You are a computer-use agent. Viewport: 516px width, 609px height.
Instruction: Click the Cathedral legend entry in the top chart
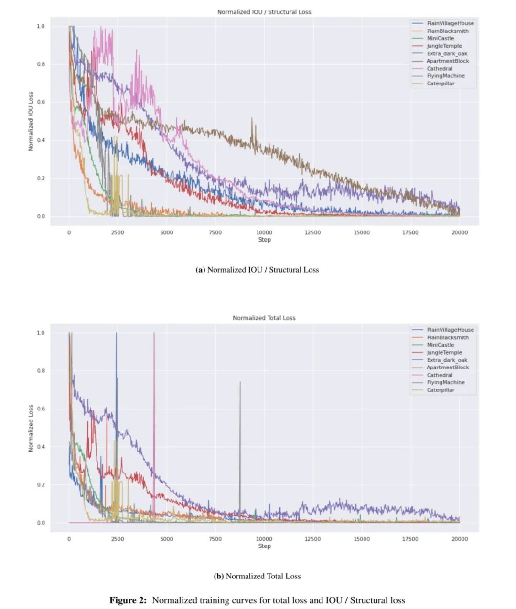(x=440, y=69)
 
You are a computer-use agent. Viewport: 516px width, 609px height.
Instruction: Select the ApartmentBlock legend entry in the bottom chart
(x=448, y=367)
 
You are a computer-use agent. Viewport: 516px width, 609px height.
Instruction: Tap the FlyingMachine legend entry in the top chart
(x=445, y=76)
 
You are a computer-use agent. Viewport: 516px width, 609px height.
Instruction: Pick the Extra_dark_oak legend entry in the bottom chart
(x=447, y=360)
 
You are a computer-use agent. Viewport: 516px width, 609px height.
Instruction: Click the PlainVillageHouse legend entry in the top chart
(x=450, y=23)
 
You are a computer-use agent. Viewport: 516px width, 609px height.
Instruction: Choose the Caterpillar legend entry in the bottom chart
(x=441, y=390)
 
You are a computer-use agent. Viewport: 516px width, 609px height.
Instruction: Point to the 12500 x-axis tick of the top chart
(x=312, y=232)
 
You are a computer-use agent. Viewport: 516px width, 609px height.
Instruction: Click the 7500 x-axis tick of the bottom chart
(x=215, y=539)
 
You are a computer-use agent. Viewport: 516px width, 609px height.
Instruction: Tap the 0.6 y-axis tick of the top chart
(x=41, y=102)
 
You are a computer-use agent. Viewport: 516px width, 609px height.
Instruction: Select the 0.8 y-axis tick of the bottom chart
(x=41, y=371)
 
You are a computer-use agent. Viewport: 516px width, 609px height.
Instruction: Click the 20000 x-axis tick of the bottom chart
(x=460, y=539)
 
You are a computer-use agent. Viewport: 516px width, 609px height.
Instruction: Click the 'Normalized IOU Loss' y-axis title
(x=31, y=121)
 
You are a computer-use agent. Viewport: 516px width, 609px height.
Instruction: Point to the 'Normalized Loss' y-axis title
(x=31, y=428)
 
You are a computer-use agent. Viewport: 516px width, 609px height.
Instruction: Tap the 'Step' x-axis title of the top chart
(x=264, y=240)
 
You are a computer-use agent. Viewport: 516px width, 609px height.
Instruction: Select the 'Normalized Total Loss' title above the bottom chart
(x=264, y=318)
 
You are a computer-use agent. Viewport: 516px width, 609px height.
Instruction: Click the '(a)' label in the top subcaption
(x=200, y=270)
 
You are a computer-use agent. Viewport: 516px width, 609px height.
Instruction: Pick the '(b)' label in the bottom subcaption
(x=218, y=576)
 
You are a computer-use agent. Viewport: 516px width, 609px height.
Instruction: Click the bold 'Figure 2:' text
(x=128, y=600)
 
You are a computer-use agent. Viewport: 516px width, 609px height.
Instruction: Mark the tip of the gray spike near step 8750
(x=240, y=382)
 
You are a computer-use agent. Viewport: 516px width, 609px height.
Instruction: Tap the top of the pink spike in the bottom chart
(x=154, y=333)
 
